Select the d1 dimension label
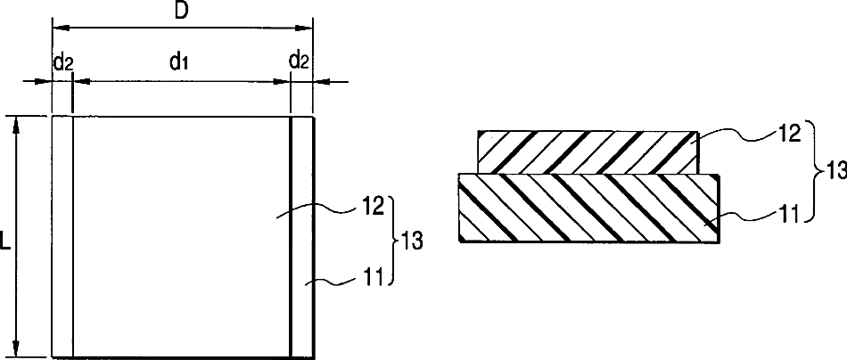point(177,61)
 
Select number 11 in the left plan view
point(373,280)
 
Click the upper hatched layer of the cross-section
point(586,151)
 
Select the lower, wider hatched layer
point(586,209)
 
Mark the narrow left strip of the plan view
point(62,236)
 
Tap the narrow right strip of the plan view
point(304,236)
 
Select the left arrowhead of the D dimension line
point(58,28)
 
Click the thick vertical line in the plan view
point(292,236)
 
